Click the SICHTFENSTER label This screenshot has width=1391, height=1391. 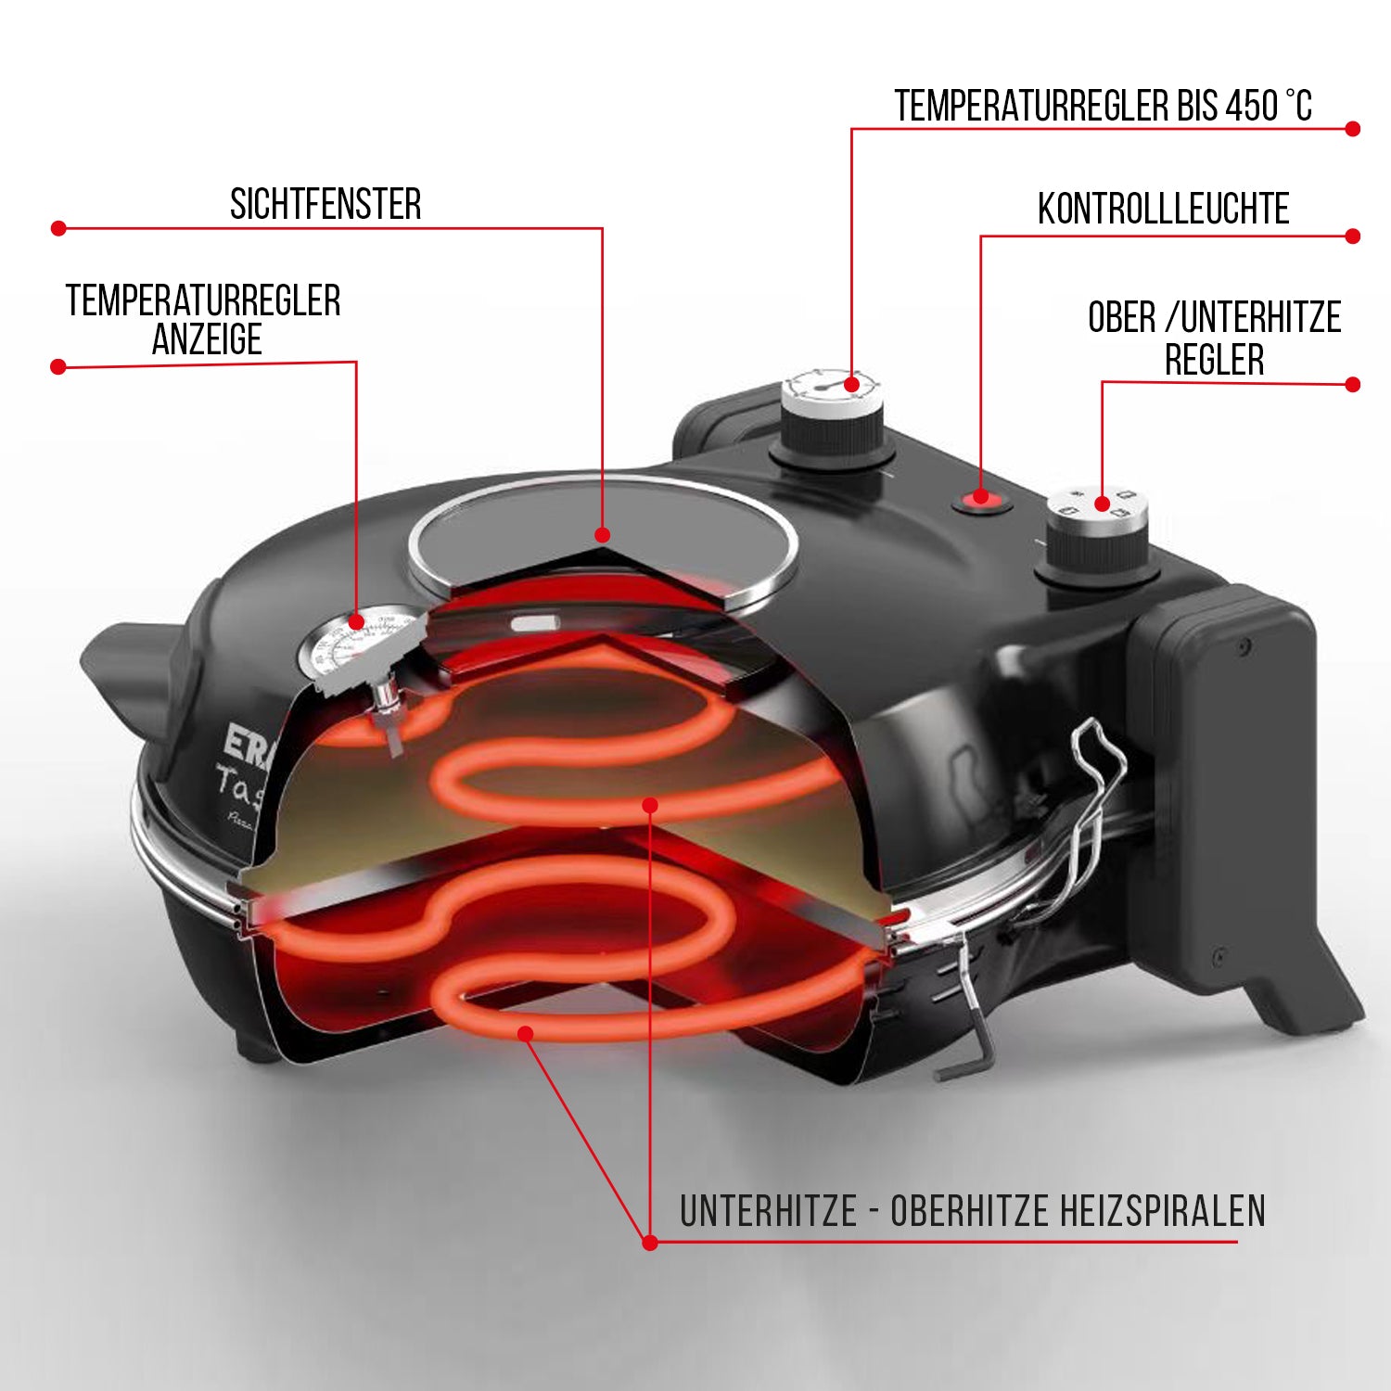pos(325,204)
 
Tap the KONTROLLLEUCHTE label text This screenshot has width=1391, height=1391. pos(1163,210)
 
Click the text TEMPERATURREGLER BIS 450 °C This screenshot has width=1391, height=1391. pos(1103,107)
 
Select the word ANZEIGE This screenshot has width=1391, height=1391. pos(207,340)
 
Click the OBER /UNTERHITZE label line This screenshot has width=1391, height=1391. pos(1214,318)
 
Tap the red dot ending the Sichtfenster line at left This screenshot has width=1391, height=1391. pos(58,228)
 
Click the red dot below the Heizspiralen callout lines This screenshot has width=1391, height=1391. pos(649,1243)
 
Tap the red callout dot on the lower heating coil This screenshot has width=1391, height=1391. pos(526,1033)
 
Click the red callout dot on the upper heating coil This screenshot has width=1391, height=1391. pos(650,805)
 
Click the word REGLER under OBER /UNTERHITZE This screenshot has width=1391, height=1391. pos(1214,360)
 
